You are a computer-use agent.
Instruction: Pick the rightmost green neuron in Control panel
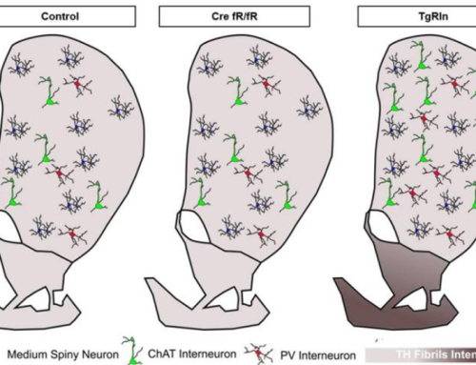click(x=99, y=198)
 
